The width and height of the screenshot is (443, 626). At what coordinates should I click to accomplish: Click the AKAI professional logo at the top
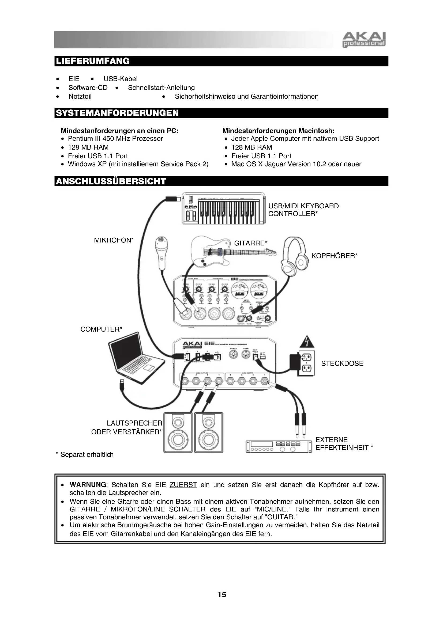click(364, 40)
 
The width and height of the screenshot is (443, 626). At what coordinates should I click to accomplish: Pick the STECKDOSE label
click(342, 363)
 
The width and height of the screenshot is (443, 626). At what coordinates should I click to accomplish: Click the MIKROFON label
click(114, 240)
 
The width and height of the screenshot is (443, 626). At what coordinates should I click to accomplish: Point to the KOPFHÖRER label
click(334, 256)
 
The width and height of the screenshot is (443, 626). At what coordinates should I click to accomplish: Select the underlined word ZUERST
click(183, 485)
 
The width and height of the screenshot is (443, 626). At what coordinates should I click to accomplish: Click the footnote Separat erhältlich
click(85, 454)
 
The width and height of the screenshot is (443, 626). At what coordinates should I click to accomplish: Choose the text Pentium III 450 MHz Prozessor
click(115, 139)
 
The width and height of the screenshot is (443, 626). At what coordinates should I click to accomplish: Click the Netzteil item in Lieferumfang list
click(80, 96)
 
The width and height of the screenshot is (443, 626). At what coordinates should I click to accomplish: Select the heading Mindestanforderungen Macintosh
click(278, 131)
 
